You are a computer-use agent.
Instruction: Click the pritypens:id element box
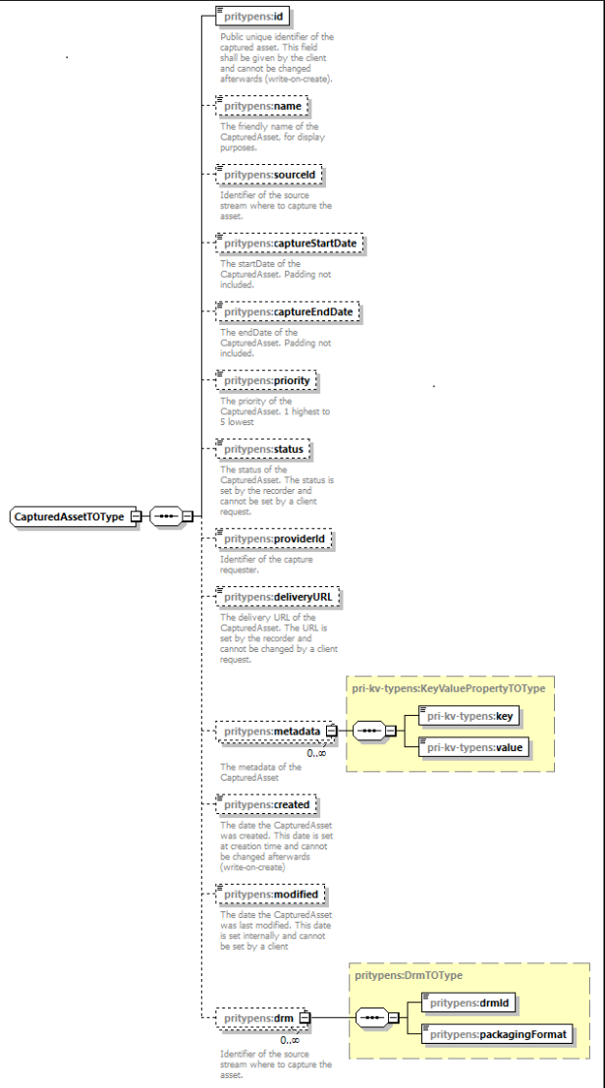pyautogui.click(x=256, y=18)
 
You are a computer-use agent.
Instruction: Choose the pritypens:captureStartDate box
pyautogui.click(x=289, y=244)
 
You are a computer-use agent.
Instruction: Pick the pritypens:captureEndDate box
pyautogui.click(x=287, y=312)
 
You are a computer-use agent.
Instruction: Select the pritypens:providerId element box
pyautogui.click(x=274, y=539)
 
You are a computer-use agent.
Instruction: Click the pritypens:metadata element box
pyautogui.click(x=270, y=732)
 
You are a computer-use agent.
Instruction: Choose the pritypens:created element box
pyautogui.click(x=266, y=804)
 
